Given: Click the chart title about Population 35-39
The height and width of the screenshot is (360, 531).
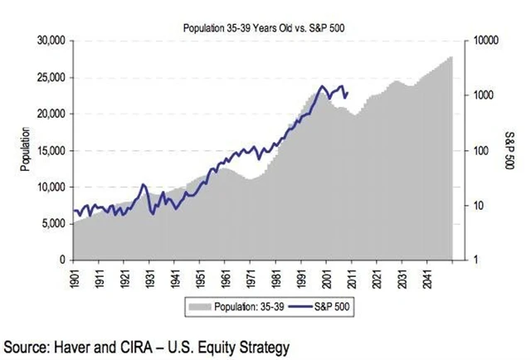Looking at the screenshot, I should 263,27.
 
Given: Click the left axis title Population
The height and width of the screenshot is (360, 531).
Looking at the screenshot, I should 26,150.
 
